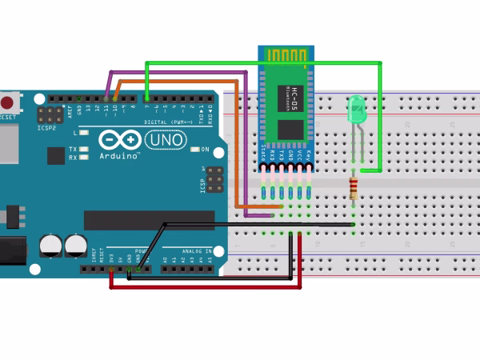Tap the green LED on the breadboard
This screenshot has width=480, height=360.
(357, 110)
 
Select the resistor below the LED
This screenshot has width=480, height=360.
(354, 189)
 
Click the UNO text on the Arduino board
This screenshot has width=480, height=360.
(166, 140)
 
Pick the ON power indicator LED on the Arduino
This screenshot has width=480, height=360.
(194, 150)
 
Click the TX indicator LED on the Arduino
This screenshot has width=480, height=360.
(83, 149)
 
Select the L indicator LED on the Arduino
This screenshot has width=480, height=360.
(83, 133)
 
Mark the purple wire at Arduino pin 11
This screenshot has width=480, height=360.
(107, 88)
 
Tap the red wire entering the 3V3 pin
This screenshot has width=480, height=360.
(111, 276)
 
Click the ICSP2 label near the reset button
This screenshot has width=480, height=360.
(45, 126)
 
